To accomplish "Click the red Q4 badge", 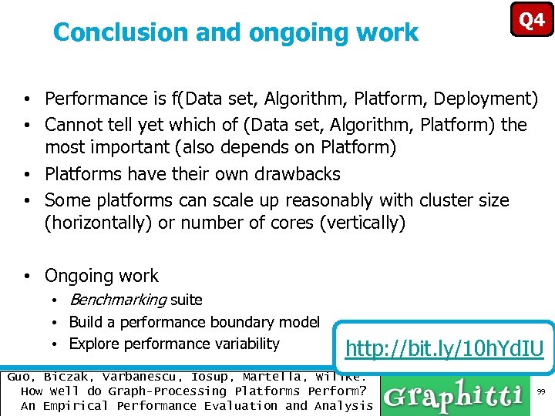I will tap(532, 19).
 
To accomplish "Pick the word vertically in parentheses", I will tap(362, 223).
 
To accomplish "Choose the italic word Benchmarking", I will tap(117, 300).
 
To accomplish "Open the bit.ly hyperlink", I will tap(445, 349).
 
